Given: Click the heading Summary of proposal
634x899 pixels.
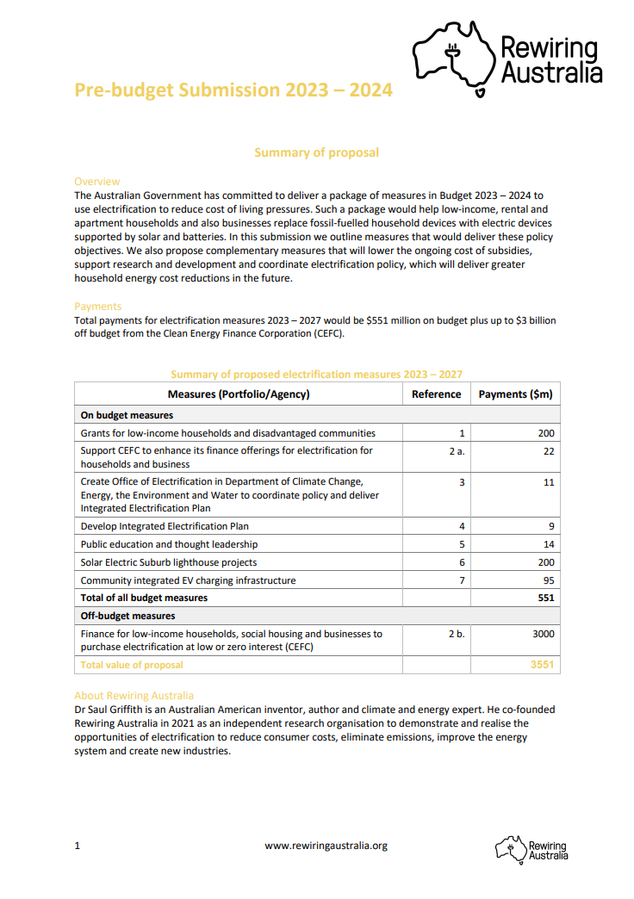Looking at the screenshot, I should click(316, 152).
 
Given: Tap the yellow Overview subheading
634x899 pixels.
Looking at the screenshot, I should click(97, 182).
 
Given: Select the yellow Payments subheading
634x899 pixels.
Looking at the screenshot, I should click(98, 307).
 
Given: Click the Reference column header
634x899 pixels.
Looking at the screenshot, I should click(436, 394).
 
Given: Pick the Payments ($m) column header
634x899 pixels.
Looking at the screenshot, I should click(515, 394).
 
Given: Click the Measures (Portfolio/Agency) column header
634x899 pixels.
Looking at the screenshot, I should click(239, 394).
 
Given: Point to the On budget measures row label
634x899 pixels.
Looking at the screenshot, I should click(127, 415).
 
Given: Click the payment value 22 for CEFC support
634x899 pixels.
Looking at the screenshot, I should click(549, 451).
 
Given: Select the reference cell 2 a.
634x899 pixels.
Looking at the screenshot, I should click(457, 451).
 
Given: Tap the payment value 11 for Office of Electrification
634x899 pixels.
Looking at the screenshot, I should click(549, 482).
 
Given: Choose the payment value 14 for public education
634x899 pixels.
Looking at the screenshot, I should click(549, 544).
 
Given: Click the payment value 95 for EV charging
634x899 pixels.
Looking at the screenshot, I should click(549, 580).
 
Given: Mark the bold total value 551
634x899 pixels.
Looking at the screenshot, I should click(546, 598).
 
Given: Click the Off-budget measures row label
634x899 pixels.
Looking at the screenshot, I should click(128, 616).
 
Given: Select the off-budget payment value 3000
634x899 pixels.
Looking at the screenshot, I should click(543, 634).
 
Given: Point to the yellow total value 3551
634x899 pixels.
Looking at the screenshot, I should click(543, 665).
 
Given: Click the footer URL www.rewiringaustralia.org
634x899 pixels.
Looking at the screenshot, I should click(326, 846).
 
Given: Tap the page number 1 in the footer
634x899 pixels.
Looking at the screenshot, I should click(78, 846).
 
